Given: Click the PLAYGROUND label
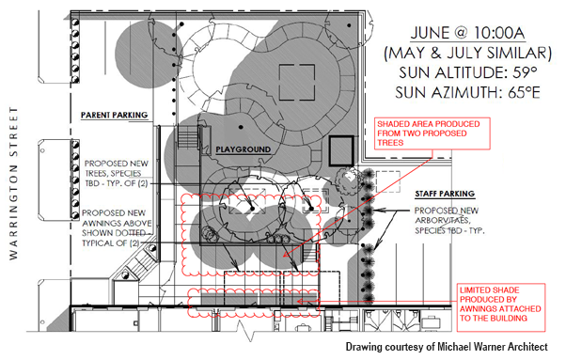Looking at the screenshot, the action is coord(243,149).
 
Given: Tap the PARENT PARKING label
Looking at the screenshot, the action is coord(114,115).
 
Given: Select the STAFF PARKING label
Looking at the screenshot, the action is coord(445,194).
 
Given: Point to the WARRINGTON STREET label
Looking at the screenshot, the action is coord(13,183).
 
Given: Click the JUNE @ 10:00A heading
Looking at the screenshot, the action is coord(467,33).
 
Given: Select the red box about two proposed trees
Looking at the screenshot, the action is coord(432,133).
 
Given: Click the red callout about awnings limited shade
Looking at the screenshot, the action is coord(501,307).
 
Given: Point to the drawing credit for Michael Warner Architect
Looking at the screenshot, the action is coord(447,347).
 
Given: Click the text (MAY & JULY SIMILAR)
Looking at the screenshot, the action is coord(468,53).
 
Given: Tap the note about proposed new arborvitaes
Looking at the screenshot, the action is coord(449,220).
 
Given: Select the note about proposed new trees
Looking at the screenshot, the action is coord(117,174).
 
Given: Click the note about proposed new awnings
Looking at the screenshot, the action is coord(117,228).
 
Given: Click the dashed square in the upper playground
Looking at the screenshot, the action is coord(297,83).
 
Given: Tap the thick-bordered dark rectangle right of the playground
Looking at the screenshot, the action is coord(341,150).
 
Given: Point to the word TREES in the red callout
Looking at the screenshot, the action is coord(390,143).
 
